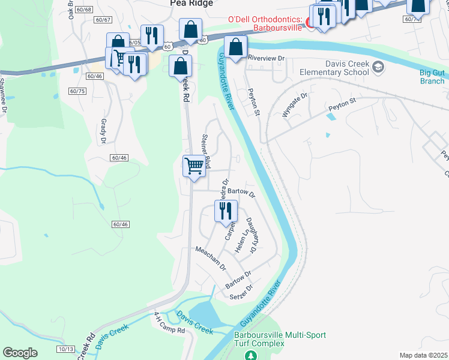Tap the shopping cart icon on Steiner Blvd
194,166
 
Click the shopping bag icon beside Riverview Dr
236,47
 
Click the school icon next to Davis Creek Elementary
378,66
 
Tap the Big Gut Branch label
432,77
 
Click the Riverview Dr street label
265,59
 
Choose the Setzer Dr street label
241,292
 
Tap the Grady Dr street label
103,131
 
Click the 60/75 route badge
77,91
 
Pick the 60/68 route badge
85,10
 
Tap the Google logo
20,352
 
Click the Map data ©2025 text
423,355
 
